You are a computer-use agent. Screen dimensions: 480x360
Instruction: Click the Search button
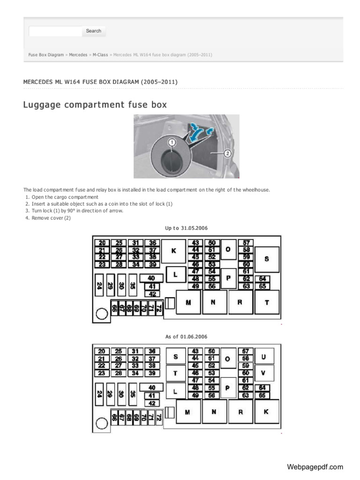pyautogui.click(x=94, y=31)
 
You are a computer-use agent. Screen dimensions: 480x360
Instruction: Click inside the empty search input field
pyautogui.click(x=55, y=31)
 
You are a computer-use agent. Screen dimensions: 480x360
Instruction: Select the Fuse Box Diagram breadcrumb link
pyautogui.click(x=46, y=55)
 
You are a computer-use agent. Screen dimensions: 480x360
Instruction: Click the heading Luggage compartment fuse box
pyautogui.click(x=95, y=105)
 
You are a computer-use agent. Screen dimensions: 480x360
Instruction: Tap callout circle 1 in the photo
pyautogui.click(x=172, y=142)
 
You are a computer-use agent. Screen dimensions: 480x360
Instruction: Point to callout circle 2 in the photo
pyautogui.click(x=228, y=153)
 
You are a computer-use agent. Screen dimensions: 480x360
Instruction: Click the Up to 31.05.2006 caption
pyautogui.click(x=186, y=228)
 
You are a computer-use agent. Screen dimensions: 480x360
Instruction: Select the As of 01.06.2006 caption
pyautogui.click(x=186, y=337)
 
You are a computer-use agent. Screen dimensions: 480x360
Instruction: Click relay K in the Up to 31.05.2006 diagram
pyautogui.click(x=173, y=251)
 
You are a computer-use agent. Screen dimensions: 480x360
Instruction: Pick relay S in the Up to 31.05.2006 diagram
pyautogui.click(x=267, y=259)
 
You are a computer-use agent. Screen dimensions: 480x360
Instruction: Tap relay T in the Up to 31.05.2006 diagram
pyautogui.click(x=267, y=302)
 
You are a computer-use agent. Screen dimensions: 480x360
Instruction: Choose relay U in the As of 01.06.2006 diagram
pyautogui.click(x=264, y=357)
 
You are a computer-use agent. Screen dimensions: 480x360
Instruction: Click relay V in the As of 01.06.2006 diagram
pyautogui.click(x=264, y=373)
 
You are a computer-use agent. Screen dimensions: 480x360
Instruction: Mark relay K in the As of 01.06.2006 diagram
pyautogui.click(x=266, y=412)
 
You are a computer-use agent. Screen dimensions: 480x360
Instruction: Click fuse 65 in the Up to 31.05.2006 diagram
pyautogui.click(x=262, y=286)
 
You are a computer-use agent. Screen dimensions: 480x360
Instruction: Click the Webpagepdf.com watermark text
pyautogui.click(x=315, y=467)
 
